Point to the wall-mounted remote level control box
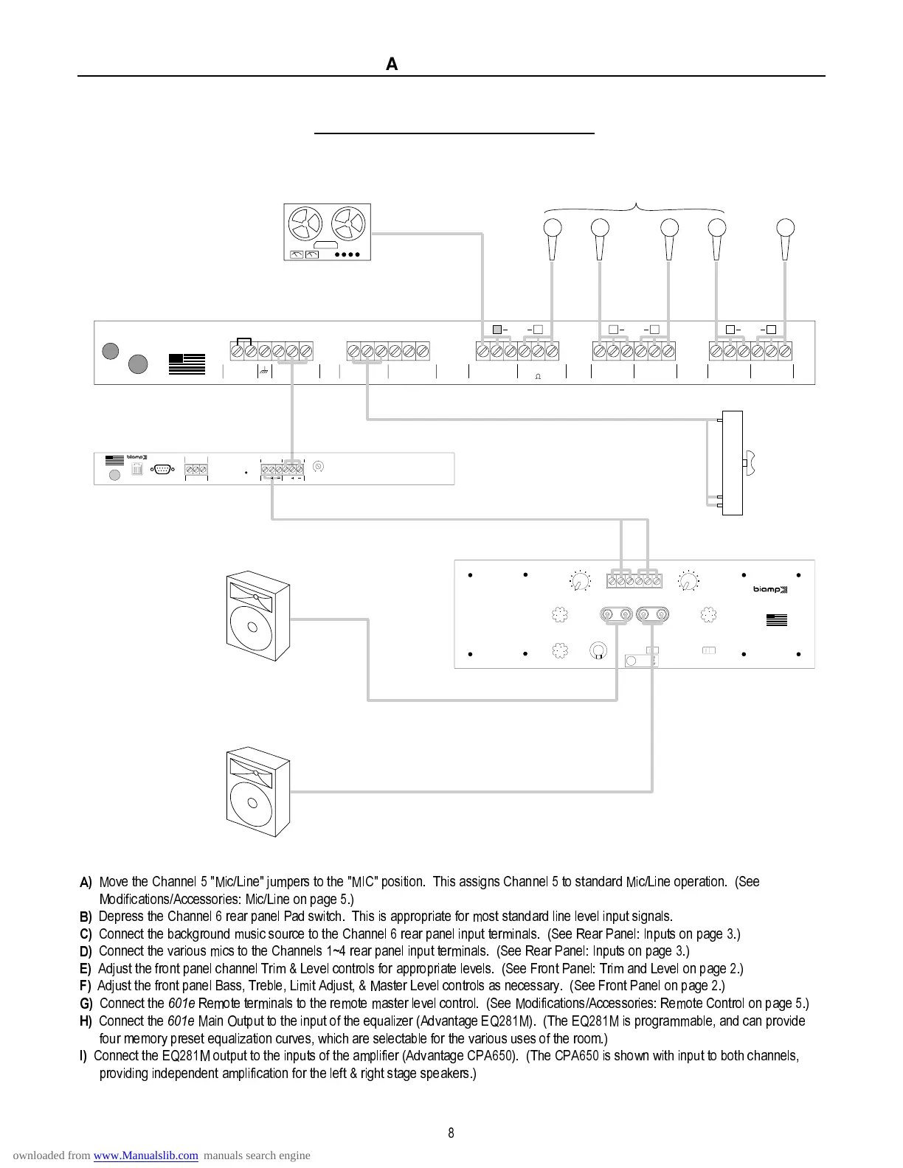click(733, 462)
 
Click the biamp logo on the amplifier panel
click(770, 589)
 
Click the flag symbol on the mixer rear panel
click(187, 364)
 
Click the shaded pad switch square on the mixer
click(497, 329)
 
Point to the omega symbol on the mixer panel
click(537, 377)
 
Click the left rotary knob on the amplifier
click(581, 583)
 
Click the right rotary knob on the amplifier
click(689, 583)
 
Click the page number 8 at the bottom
click(451, 1133)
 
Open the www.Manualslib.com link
click(145, 1155)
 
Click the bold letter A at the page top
click(392, 65)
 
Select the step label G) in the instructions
click(86, 1004)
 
